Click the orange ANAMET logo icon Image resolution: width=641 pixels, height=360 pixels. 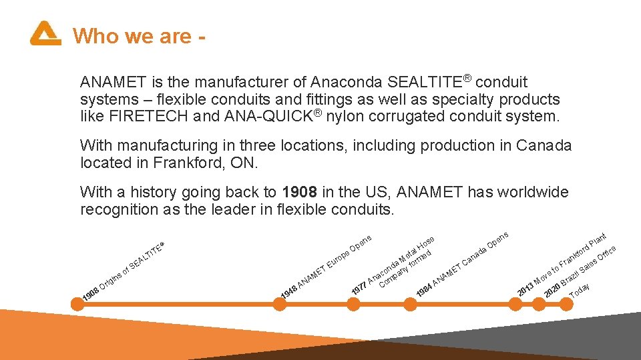click(45, 33)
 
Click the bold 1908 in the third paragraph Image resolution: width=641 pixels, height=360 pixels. click(300, 193)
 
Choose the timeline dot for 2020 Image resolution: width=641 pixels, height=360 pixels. click(540, 303)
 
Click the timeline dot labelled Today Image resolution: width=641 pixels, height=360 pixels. click(566, 303)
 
